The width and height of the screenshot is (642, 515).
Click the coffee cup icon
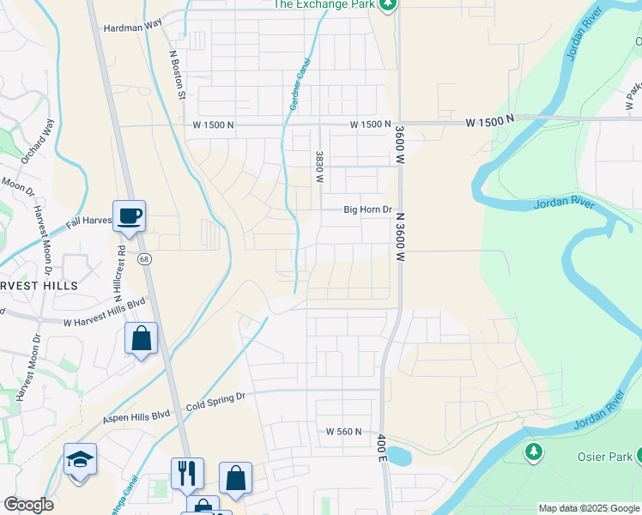pos(129,215)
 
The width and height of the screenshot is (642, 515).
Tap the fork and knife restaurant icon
pos(187,473)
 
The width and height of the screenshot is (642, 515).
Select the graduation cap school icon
pos(80,459)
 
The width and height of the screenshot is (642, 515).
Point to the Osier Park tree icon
pos(533,451)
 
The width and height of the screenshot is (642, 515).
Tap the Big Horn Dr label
pos(367,209)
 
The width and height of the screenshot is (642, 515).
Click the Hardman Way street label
pos(133,27)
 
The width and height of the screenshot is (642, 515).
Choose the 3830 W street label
pos(318,167)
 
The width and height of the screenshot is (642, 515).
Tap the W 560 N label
pos(343,432)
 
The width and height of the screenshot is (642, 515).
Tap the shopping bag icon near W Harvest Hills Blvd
pos(141,338)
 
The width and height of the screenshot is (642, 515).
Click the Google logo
pos(28,505)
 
